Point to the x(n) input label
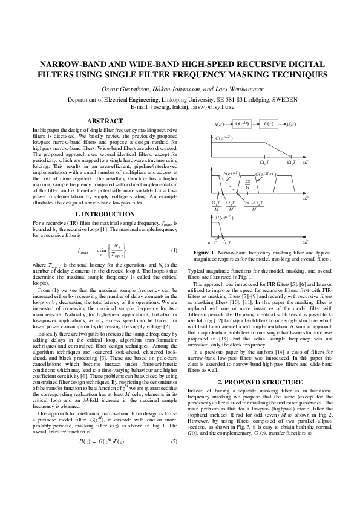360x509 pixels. [x=220, y=124]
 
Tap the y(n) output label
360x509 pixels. [x=291, y=124]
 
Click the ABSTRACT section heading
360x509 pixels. [x=105, y=121]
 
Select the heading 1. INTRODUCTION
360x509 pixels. [x=105, y=215]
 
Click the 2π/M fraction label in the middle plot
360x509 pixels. [x=247, y=184]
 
